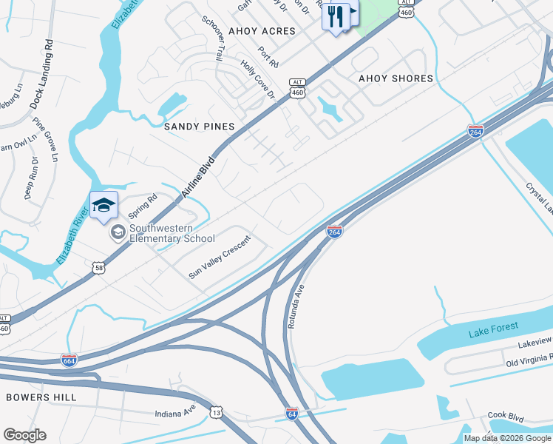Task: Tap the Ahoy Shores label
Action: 396,78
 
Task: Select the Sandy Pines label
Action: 199,127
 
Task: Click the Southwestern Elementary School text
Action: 172,234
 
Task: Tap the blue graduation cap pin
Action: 104,205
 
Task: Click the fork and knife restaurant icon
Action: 336,16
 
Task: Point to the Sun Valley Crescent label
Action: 220,257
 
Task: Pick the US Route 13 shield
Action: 216,411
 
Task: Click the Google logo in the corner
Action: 24,434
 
